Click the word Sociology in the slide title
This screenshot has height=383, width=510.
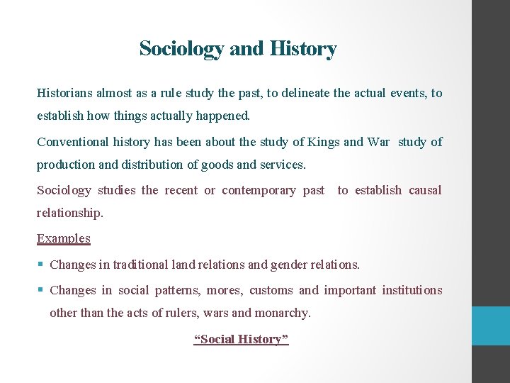pos(182,49)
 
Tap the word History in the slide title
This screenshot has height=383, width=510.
pos(302,49)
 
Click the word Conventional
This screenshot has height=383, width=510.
pos(73,142)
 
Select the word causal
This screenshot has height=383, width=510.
pos(424,190)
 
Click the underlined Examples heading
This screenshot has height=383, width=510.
pos(64,238)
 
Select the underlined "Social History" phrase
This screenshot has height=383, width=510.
pos(241,339)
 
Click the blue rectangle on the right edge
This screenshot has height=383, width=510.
pos(491,326)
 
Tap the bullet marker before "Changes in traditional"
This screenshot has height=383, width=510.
pos(40,265)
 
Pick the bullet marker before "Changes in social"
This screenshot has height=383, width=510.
pos(40,290)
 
